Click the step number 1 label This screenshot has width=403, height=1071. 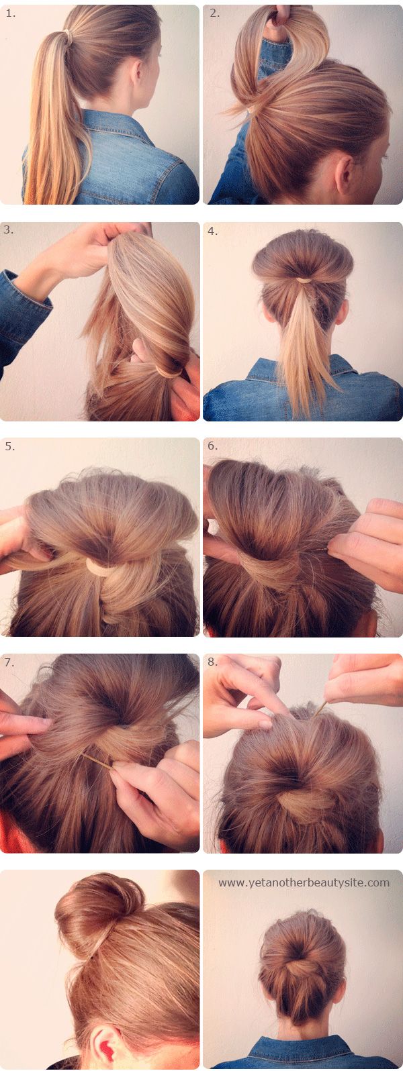[x=11, y=14]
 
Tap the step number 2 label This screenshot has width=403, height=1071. [x=215, y=14]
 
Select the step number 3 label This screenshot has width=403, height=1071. [x=9, y=230]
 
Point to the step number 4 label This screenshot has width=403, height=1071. [x=212, y=232]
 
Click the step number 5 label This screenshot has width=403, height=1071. [x=9, y=446]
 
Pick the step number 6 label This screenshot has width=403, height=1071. [x=212, y=446]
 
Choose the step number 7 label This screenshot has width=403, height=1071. [x=9, y=663]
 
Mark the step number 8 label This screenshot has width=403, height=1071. [x=212, y=662]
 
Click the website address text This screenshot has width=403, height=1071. [x=304, y=882]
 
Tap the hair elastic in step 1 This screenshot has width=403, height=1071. [x=69, y=36]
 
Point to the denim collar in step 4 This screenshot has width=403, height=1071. [x=302, y=370]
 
